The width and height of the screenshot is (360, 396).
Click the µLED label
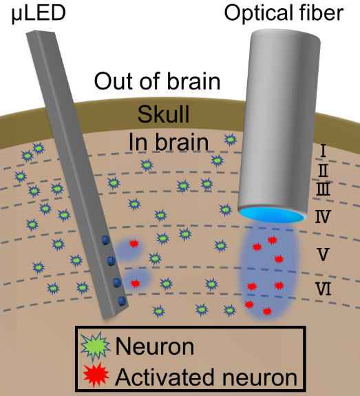click(x=39, y=13)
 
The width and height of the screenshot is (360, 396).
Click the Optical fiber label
click(x=284, y=13)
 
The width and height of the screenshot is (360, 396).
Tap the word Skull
click(x=164, y=114)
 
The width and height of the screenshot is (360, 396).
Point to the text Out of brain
click(x=157, y=81)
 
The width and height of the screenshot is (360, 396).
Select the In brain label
click(x=169, y=142)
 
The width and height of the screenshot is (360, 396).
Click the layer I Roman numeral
click(x=323, y=151)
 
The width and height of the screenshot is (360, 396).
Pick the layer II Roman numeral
click(x=323, y=171)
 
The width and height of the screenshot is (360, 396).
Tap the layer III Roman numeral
click(x=323, y=189)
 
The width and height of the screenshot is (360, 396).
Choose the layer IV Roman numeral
click(x=323, y=216)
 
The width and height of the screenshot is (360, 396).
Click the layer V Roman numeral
click(x=323, y=254)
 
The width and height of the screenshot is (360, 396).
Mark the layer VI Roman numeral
click(x=324, y=289)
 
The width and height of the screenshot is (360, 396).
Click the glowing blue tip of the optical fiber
click(x=272, y=215)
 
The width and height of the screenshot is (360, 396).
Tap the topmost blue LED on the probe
click(x=106, y=240)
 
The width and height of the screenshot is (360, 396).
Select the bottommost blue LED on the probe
click(x=123, y=301)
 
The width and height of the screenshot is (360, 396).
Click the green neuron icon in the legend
click(x=96, y=346)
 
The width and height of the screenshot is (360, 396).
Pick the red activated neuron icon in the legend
click(x=96, y=375)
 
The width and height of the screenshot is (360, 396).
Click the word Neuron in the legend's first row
click(x=155, y=346)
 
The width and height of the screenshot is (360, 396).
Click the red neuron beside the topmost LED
click(x=134, y=244)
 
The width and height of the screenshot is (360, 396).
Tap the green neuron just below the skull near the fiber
click(x=230, y=140)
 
